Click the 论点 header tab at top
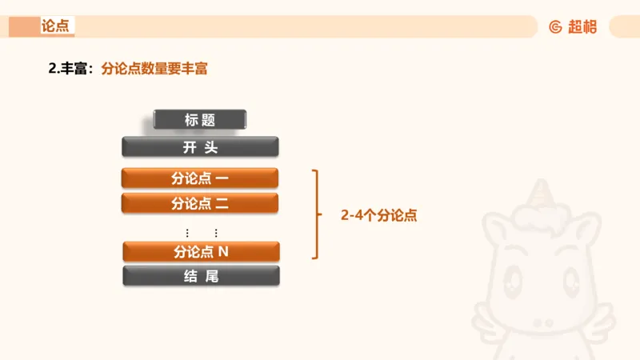pos(55,26)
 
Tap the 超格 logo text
pos(582,26)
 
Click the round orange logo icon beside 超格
pos(556,26)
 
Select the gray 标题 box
pos(200,120)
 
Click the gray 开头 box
pos(200,147)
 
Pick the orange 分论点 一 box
pos(200,178)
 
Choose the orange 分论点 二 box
pos(200,203)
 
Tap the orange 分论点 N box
pos(201,251)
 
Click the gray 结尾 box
pos(201,276)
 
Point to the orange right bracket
pos(316,214)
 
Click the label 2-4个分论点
pos(379,215)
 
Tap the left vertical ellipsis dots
pos(187,233)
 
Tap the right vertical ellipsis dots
pos(216,233)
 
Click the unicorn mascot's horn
pos(550,193)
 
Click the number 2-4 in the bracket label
pos(353,215)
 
